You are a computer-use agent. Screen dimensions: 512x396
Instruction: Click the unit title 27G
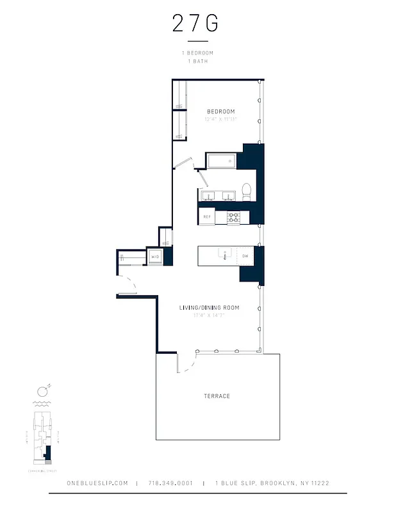[x=195, y=23]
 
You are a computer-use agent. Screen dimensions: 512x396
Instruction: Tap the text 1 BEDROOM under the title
[x=197, y=52]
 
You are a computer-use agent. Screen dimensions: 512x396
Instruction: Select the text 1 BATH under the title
[x=197, y=61]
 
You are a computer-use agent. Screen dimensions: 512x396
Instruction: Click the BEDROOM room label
[x=220, y=111]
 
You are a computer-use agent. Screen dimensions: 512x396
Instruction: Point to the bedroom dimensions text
[x=220, y=119]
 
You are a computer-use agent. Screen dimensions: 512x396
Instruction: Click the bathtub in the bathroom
[x=221, y=161]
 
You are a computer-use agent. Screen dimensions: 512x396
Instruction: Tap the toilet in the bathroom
[x=245, y=189]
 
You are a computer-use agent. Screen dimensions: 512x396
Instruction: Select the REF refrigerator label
[x=207, y=217]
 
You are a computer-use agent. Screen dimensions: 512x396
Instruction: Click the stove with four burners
[x=234, y=217]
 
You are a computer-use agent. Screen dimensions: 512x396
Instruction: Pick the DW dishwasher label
[x=245, y=256]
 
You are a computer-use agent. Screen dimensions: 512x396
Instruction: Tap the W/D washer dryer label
[x=154, y=257]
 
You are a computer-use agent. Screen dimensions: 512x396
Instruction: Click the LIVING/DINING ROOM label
[x=209, y=308]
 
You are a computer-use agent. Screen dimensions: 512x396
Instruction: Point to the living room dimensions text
[x=209, y=316]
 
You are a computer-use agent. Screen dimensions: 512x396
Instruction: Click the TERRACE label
[x=217, y=396]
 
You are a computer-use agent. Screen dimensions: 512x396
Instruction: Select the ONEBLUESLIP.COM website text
[x=97, y=483]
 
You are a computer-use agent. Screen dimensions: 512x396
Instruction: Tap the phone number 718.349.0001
[x=170, y=483]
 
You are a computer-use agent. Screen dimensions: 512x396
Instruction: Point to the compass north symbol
[x=42, y=390]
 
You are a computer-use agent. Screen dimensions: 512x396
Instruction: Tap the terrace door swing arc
[x=187, y=365]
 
